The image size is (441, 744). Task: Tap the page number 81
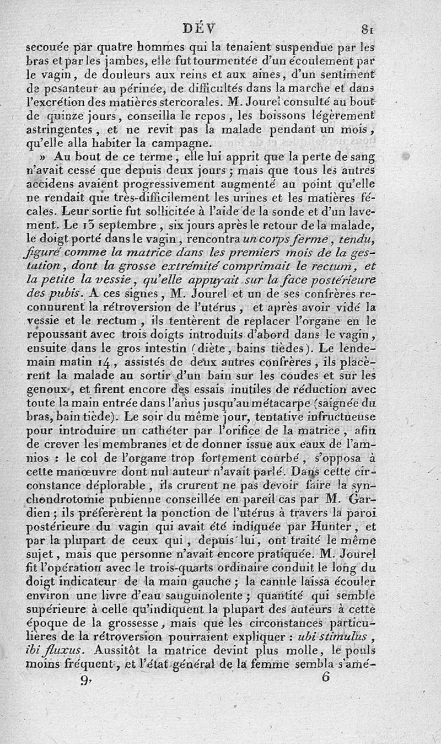(367, 28)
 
